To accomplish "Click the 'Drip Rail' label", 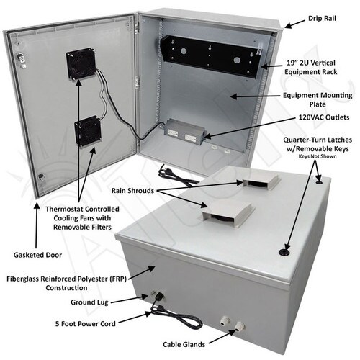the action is tap(322, 19).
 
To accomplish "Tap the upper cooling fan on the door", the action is tap(81, 63).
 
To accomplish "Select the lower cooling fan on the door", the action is tap(88, 132).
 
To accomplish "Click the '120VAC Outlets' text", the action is tap(324, 117).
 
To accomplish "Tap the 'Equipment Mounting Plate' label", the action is tap(318, 99).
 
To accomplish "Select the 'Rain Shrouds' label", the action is tap(132, 191).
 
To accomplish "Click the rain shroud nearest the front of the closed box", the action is tap(228, 212).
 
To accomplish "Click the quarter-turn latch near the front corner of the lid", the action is tap(284, 252).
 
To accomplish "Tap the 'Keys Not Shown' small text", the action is tap(318, 156).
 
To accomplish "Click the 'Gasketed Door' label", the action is tap(37, 255).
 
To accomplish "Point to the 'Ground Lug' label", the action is tap(89, 302).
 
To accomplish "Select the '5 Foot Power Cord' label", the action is tap(86, 324).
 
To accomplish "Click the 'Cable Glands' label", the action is tap(184, 345).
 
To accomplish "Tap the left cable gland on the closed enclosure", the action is tap(225, 320).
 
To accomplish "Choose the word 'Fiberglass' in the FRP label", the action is tap(22, 279).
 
